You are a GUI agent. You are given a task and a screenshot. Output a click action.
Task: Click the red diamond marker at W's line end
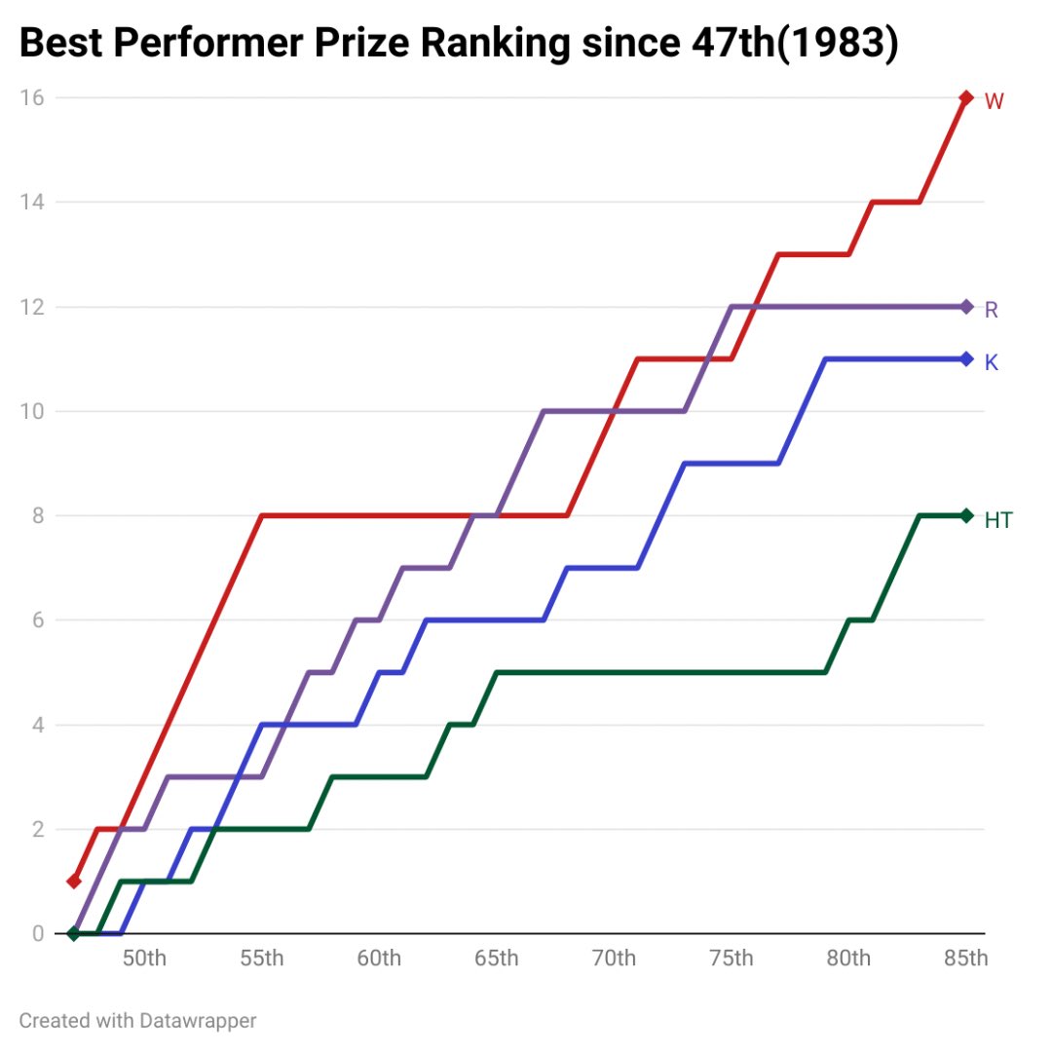[x=966, y=97]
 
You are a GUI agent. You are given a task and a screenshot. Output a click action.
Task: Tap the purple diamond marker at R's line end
[x=966, y=307]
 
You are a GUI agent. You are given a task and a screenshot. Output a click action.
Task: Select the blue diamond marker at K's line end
[x=966, y=358]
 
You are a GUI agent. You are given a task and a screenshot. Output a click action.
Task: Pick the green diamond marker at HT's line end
[x=966, y=515]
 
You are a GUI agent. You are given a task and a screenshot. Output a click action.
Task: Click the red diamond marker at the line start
[x=73, y=882]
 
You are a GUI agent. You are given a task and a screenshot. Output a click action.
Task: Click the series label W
[x=994, y=101]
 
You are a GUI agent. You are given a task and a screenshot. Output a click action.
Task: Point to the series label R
[x=992, y=310]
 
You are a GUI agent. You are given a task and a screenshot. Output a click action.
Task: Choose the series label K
[x=992, y=362]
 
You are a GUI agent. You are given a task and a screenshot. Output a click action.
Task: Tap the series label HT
[x=998, y=520]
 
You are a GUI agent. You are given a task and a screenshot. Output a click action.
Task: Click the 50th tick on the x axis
[x=144, y=958]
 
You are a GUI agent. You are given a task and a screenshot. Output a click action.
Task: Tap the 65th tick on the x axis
[x=496, y=958]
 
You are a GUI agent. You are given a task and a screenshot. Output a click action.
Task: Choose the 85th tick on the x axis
[x=965, y=958]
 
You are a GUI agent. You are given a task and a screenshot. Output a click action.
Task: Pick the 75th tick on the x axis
[x=731, y=958]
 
